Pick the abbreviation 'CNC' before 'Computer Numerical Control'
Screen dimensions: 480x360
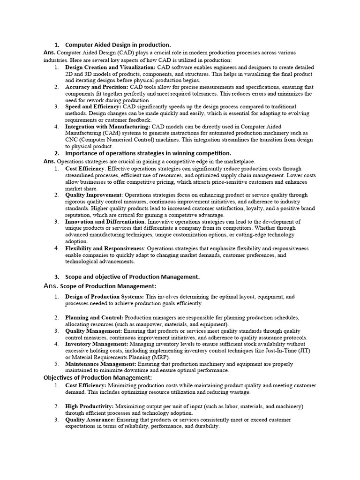[x=73, y=139]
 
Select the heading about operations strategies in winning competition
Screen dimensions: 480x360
[x=148, y=153]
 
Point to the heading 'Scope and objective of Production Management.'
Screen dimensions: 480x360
[x=132, y=277]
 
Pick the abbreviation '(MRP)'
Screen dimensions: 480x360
[x=161, y=357]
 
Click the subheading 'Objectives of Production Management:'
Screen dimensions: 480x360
[x=97, y=377]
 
